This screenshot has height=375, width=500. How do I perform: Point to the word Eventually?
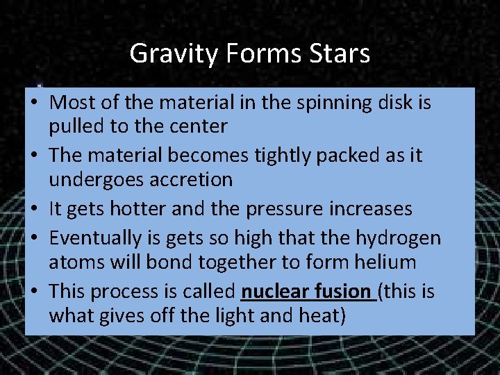point(94,238)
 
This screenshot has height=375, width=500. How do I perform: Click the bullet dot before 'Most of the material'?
point(34,103)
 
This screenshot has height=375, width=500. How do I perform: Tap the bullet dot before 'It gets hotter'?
point(34,209)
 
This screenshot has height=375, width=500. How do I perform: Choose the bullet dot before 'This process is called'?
point(34,292)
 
